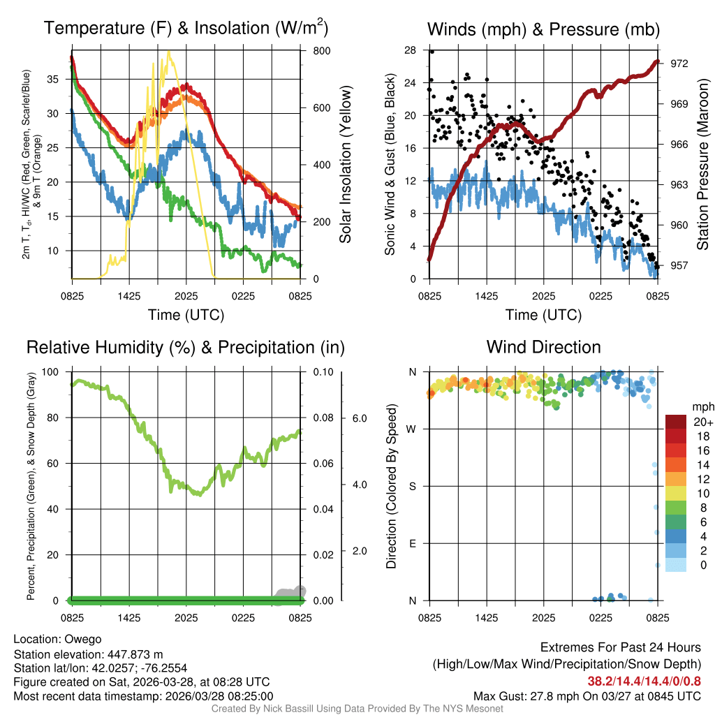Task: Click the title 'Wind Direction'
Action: [543, 347]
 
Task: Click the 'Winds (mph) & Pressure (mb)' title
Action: [543, 29]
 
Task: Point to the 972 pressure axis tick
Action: [679, 64]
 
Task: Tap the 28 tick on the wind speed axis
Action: [410, 50]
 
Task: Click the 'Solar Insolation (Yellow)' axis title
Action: [345, 165]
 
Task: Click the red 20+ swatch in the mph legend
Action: [677, 422]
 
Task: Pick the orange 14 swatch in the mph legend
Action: [677, 464]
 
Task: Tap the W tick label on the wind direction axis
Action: [413, 429]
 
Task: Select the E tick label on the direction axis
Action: [413, 543]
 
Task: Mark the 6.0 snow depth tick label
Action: [359, 418]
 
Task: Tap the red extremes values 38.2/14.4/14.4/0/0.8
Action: [643, 680]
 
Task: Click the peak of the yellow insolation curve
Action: [168, 52]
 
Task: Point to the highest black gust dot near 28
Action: [432, 52]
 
